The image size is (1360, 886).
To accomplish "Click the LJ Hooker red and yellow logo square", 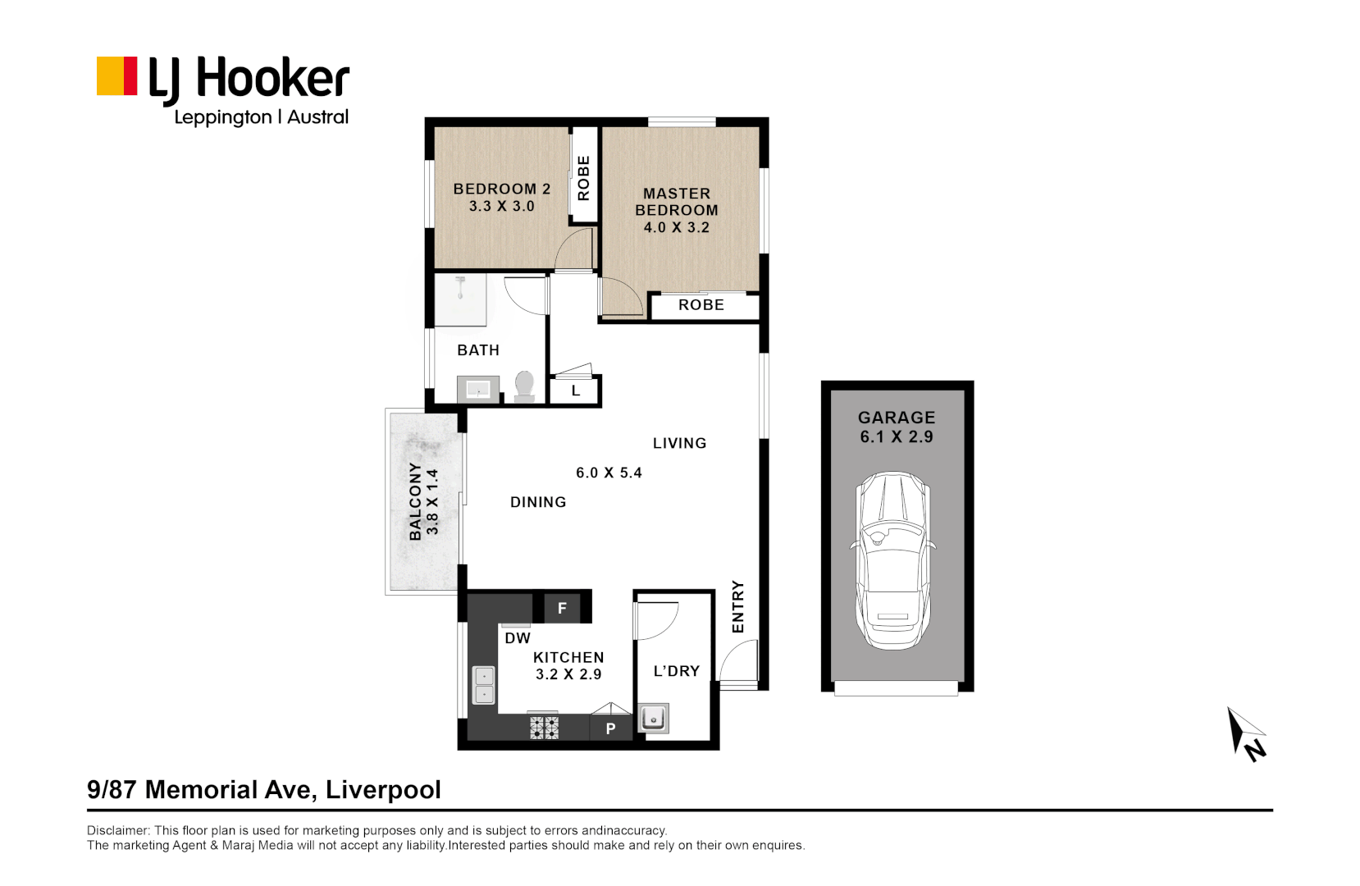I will click(x=116, y=76).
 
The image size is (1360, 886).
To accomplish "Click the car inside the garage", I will click(x=893, y=561).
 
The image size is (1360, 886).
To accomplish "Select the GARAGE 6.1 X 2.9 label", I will click(x=897, y=427).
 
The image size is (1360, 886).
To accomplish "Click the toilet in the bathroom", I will click(x=524, y=386).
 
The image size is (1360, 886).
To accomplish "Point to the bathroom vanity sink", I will click(x=478, y=390).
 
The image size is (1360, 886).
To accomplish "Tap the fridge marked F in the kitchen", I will click(x=562, y=609).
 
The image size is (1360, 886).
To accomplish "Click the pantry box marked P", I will click(x=610, y=728).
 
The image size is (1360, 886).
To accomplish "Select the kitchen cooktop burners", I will click(x=544, y=728).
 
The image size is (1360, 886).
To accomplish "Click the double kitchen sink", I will click(x=484, y=686).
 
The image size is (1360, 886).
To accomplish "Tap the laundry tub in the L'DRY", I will click(x=654, y=719).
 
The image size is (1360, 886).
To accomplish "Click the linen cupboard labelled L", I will click(x=576, y=391).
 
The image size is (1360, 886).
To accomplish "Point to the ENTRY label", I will click(x=737, y=607).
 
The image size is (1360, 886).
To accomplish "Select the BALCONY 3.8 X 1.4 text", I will click(x=423, y=501).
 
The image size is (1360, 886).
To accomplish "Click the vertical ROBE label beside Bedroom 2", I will click(x=583, y=178).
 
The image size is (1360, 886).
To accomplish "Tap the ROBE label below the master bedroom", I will click(x=701, y=305).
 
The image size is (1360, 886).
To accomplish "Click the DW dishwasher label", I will click(x=518, y=638).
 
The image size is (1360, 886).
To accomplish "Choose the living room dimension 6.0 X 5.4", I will click(x=609, y=473).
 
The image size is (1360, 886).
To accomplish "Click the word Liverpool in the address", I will click(x=383, y=790).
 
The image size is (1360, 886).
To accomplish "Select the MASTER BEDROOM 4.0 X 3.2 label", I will click(x=677, y=210).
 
